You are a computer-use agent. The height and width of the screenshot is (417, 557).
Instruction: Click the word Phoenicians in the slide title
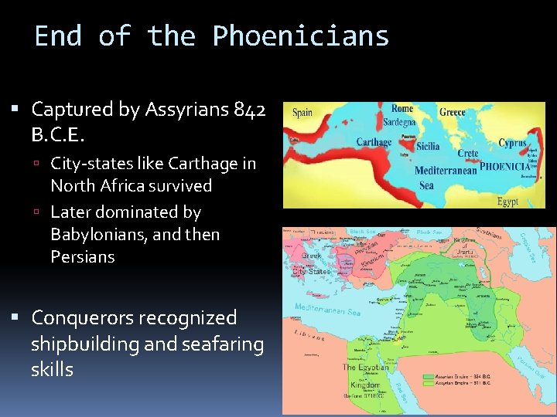click(x=300, y=36)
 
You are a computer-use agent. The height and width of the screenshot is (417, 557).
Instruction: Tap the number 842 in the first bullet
click(x=250, y=110)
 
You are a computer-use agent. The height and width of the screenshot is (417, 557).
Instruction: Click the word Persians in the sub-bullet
click(x=83, y=256)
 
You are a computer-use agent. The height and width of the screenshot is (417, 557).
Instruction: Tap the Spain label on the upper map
click(x=302, y=113)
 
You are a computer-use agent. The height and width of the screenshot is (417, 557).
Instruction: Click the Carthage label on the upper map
click(x=374, y=142)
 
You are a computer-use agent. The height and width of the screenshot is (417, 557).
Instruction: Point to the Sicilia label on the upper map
click(x=428, y=146)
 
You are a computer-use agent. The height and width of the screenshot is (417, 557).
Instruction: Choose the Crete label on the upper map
click(x=468, y=154)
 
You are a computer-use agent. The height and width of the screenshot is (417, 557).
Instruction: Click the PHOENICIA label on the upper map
click(x=504, y=166)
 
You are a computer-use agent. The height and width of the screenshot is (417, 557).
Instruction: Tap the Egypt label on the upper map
click(x=507, y=202)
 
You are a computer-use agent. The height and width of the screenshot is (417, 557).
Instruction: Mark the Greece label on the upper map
click(x=453, y=113)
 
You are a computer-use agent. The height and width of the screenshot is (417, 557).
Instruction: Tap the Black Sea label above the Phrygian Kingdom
click(x=363, y=231)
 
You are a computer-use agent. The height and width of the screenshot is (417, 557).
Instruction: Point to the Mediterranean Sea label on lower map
click(x=327, y=311)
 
